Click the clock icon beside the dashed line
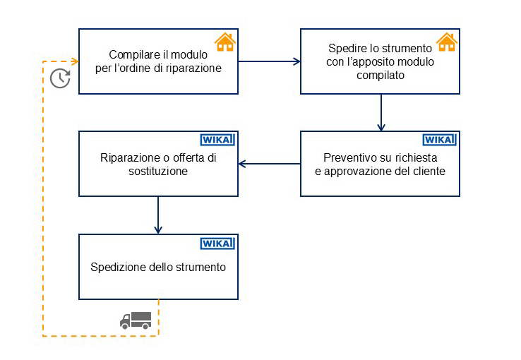pos(60,78)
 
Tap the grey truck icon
pos(135,320)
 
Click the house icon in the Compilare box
pos(224,42)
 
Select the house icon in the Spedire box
pos(446,42)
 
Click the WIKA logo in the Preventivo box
pos(440,140)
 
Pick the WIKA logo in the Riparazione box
pos(217,140)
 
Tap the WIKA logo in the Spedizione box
pos(217,243)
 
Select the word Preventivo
pos(350,157)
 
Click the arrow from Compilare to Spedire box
pos(269,61)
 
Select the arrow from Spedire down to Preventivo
pos(381,112)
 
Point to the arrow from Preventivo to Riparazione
pos(269,164)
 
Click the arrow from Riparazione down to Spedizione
pos(158,215)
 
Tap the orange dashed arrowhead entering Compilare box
pos(73,61)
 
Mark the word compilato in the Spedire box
pos(381,75)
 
